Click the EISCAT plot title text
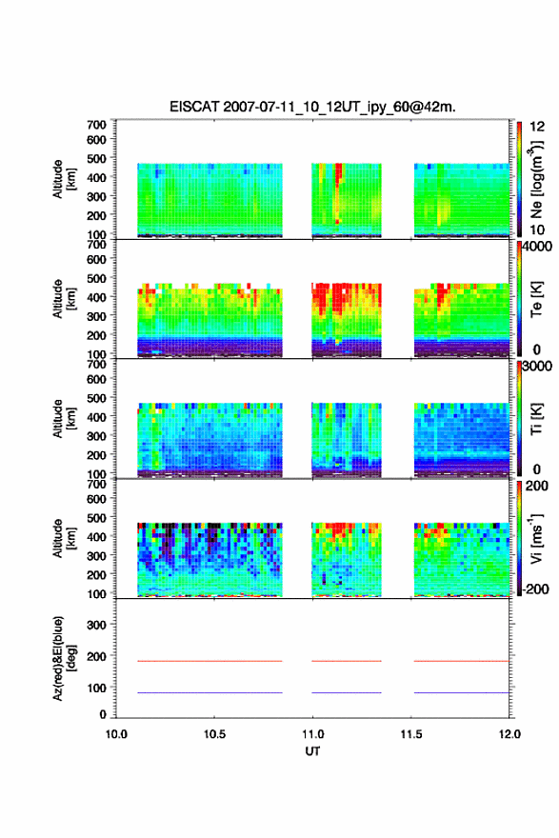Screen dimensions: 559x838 (312, 107)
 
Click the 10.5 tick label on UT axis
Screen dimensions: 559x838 (214, 734)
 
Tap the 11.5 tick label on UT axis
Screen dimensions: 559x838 (410, 734)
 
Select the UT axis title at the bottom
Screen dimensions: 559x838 (312, 751)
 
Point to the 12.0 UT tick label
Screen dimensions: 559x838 (509, 734)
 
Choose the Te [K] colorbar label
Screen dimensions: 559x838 (536, 299)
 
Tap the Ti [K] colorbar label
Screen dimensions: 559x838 (536, 419)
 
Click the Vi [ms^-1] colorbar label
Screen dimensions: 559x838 (536, 538)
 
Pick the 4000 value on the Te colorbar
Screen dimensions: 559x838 (537, 247)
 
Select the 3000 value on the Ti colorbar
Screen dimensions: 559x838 (537, 366)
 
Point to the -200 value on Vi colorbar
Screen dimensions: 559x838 (535, 589)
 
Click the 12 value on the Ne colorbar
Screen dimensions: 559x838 (537, 127)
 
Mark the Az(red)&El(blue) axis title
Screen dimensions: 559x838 (64, 658)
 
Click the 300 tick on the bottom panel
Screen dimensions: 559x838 (96, 625)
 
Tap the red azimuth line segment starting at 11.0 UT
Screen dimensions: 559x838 (347, 661)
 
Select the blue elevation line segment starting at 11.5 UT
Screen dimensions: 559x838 (462, 692)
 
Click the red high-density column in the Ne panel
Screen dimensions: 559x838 (338, 192)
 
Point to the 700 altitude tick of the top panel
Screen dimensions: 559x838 (96, 125)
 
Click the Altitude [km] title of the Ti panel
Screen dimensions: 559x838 (64, 418)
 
